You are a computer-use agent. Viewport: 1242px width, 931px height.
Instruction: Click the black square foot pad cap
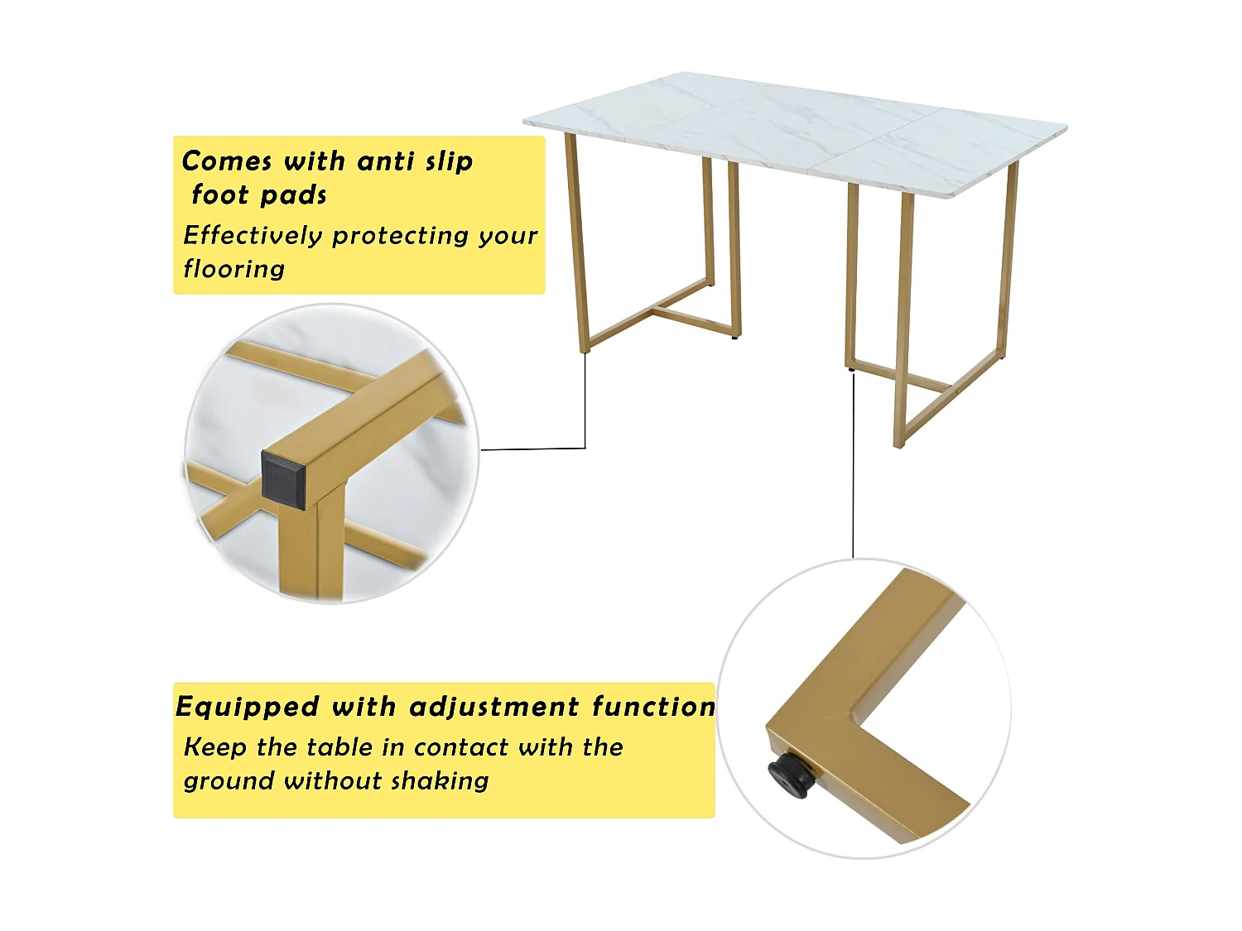(283, 477)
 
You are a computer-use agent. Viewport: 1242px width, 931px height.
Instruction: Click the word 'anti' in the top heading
(384, 161)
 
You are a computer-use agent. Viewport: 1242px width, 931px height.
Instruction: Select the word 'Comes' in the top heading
(227, 161)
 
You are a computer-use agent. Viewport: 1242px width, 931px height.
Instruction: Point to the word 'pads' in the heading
(294, 195)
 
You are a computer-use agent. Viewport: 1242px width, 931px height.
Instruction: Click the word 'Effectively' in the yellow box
(253, 236)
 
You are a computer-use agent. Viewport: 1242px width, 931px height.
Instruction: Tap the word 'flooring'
(234, 269)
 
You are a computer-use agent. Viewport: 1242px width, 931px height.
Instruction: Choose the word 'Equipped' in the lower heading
(247, 707)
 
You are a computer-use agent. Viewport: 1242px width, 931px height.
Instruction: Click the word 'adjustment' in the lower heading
(494, 707)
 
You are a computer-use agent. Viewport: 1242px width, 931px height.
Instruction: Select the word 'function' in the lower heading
(653, 707)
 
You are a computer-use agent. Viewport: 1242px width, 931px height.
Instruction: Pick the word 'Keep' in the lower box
(215, 747)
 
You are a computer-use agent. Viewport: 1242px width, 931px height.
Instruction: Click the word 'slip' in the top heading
(449, 161)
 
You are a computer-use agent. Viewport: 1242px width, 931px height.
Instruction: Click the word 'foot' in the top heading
(220, 195)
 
